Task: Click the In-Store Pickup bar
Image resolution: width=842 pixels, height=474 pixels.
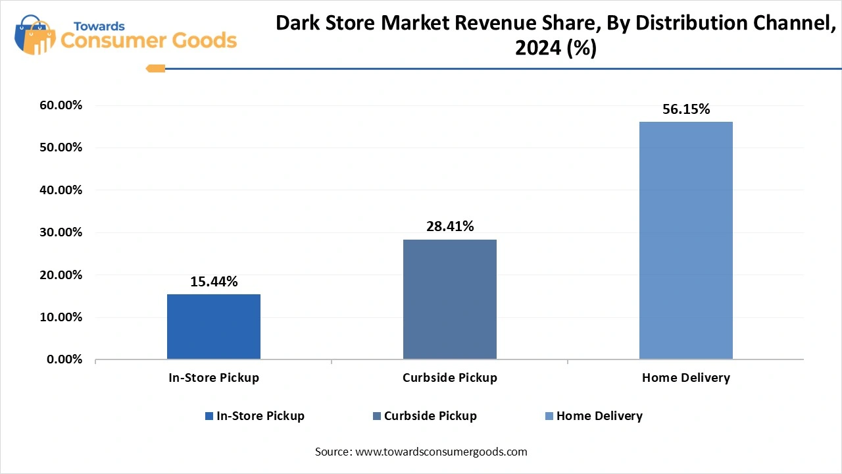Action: click(x=214, y=327)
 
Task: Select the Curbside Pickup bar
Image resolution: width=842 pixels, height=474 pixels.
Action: click(x=450, y=299)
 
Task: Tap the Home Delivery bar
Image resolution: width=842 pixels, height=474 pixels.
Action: click(x=685, y=240)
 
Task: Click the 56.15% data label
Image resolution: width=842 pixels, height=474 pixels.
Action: click(x=686, y=109)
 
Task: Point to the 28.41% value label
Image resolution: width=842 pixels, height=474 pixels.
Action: click(x=450, y=226)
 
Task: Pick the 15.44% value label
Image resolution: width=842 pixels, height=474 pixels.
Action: click(x=214, y=282)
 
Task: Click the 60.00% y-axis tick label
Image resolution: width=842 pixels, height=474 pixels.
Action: click(x=61, y=105)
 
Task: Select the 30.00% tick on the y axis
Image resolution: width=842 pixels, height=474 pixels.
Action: click(x=61, y=232)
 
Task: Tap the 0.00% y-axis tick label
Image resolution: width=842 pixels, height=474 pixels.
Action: click(x=64, y=359)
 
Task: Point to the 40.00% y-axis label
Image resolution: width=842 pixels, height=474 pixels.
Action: click(x=61, y=190)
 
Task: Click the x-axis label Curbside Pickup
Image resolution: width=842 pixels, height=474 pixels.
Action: click(x=450, y=378)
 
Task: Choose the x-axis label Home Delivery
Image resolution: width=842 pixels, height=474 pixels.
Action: click(x=686, y=378)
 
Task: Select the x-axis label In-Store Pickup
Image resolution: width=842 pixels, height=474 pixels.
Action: click(x=214, y=378)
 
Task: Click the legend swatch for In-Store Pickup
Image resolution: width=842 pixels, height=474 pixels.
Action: click(x=209, y=416)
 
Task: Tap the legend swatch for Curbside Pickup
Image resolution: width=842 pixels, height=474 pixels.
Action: click(x=377, y=416)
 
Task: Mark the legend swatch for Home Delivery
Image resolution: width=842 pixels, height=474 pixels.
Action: click(x=549, y=416)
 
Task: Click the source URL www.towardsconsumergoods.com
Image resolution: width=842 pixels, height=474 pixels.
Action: click(x=441, y=452)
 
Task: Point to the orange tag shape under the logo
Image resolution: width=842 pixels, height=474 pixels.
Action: click(x=155, y=68)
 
